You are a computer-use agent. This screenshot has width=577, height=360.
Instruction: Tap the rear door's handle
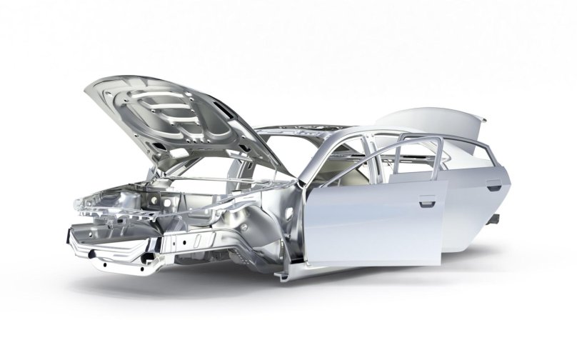pos(493,187)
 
